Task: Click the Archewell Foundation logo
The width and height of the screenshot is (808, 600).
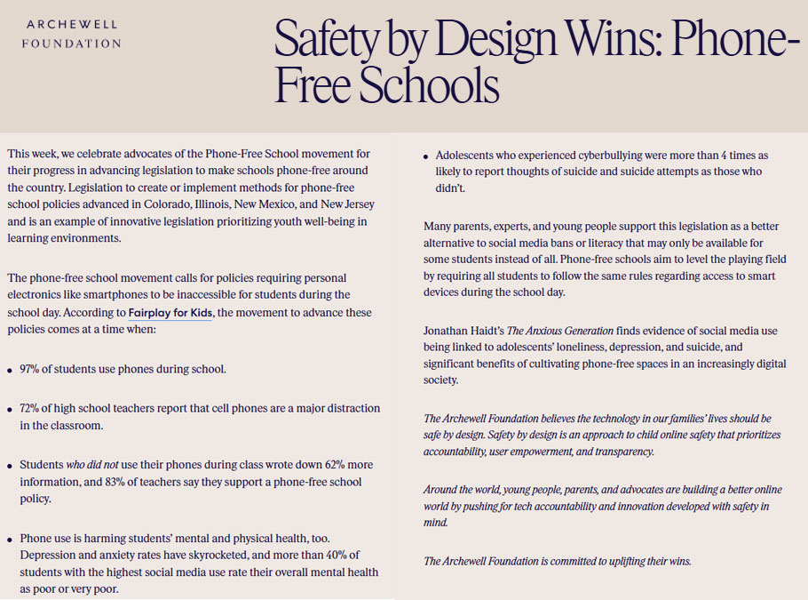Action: tap(73, 33)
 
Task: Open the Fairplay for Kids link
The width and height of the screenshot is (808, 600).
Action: tap(170, 313)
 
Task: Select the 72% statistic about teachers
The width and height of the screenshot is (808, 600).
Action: tap(31, 408)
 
